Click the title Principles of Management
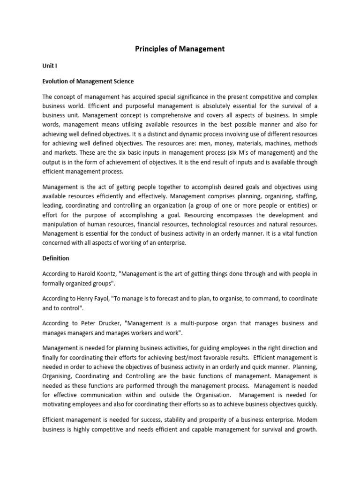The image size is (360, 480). (x=180, y=49)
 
